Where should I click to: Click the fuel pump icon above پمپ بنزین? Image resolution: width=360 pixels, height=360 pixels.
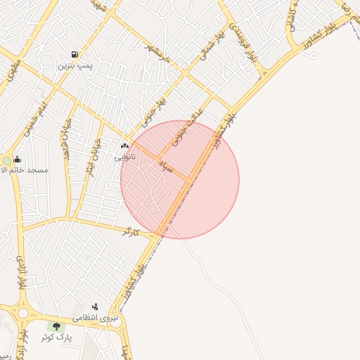75,55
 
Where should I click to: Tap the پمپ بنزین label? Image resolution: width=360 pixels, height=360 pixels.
75,66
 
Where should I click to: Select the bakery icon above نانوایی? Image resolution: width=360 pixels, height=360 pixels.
125,146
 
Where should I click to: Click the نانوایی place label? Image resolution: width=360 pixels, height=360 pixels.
125,157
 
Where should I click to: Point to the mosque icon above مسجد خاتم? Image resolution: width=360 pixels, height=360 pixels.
17,159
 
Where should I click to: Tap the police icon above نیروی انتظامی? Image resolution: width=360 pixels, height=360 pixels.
95,307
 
